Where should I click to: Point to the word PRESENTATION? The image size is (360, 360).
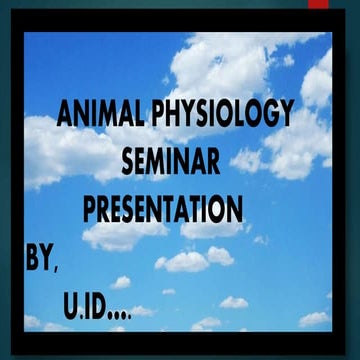tap(163, 210)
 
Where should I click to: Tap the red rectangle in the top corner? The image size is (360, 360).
tap(318, 4)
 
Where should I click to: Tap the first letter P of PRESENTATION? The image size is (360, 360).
tap(89, 210)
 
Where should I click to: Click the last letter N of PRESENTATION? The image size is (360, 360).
tap(233, 210)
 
